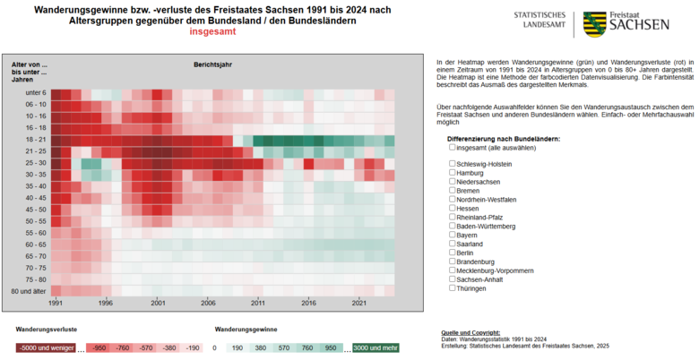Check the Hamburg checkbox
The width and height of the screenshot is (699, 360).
[453, 172]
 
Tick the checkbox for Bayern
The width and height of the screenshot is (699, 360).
[453, 235]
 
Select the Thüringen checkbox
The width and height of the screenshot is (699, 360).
[453, 288]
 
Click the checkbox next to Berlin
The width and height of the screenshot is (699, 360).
[453, 253]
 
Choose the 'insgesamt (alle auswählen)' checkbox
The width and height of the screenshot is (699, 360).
[453, 148]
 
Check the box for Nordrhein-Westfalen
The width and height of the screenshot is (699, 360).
[453, 199]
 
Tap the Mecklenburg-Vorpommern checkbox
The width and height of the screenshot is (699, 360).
[453, 270]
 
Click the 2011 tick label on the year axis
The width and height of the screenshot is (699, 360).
[258, 303]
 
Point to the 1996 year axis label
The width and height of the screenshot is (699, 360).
[106, 303]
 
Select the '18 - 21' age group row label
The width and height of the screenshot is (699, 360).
[36, 140]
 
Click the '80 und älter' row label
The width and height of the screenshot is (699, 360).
[30, 291]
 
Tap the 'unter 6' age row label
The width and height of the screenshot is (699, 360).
[36, 93]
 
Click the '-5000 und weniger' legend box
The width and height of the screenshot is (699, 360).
[45, 347]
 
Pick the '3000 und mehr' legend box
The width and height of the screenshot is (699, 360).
[375, 347]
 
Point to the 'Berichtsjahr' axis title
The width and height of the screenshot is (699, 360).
[213, 64]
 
